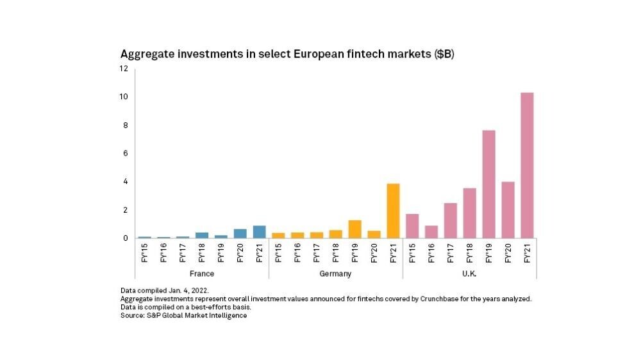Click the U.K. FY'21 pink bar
[x=527, y=165]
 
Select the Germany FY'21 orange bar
[x=393, y=211]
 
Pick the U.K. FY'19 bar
[x=488, y=184]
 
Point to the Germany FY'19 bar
[x=354, y=229]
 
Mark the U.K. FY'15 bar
[x=412, y=225]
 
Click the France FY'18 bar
[x=202, y=234]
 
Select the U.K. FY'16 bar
[x=431, y=231]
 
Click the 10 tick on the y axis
[x=124, y=97]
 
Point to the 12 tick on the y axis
[x=124, y=69]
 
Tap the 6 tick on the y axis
[x=126, y=153]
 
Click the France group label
[x=202, y=274]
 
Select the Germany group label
[x=336, y=274]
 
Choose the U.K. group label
[x=469, y=274]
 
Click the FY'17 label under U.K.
[x=451, y=252]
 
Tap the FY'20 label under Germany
[x=374, y=252]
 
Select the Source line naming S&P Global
[x=183, y=316]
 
